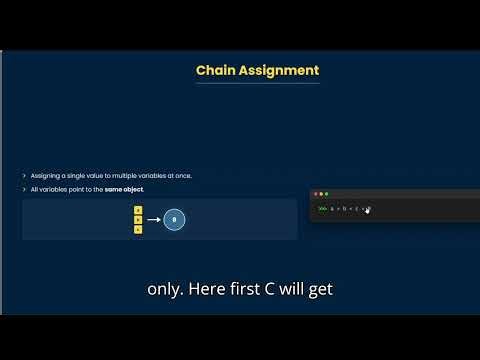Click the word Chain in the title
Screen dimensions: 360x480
216,70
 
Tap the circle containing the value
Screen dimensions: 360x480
174,219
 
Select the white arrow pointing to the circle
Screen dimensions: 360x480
153,219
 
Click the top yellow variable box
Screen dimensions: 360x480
138,210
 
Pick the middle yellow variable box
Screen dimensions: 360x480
138,219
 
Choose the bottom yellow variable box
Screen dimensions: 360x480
138,229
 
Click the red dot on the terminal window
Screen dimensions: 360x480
316,193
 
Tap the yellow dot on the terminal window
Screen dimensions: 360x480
321,193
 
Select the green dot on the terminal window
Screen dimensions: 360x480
326,193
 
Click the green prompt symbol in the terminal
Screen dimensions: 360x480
322,209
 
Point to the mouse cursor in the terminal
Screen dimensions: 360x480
368,210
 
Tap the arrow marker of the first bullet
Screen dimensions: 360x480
24,176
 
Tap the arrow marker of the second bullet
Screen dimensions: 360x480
24,189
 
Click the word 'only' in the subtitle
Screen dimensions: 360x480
164,290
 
